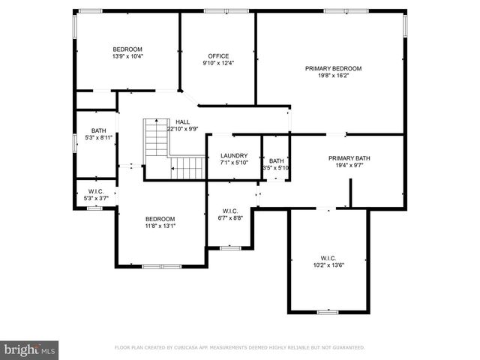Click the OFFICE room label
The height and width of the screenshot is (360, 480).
click(218, 55)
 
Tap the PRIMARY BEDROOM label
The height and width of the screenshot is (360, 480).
click(333, 68)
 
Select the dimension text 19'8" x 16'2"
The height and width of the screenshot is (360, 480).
click(333, 76)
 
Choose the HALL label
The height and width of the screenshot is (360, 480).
click(182, 121)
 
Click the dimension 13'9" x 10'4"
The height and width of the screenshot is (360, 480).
click(127, 56)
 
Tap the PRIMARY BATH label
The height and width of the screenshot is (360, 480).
click(349, 158)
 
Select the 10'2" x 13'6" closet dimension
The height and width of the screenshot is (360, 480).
click(328, 264)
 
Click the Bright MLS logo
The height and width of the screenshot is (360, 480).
click(30, 349)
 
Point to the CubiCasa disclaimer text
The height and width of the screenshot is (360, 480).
click(239, 348)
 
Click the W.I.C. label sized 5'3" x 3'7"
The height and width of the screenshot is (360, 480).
click(96, 191)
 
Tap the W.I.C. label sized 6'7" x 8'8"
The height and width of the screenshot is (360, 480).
click(230, 211)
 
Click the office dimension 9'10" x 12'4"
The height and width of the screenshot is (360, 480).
click(218, 63)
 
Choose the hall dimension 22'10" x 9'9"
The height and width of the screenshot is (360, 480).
click(182, 129)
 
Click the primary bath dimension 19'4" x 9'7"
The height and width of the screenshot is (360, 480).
click(349, 166)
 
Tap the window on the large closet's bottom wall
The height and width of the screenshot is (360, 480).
click(328, 311)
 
